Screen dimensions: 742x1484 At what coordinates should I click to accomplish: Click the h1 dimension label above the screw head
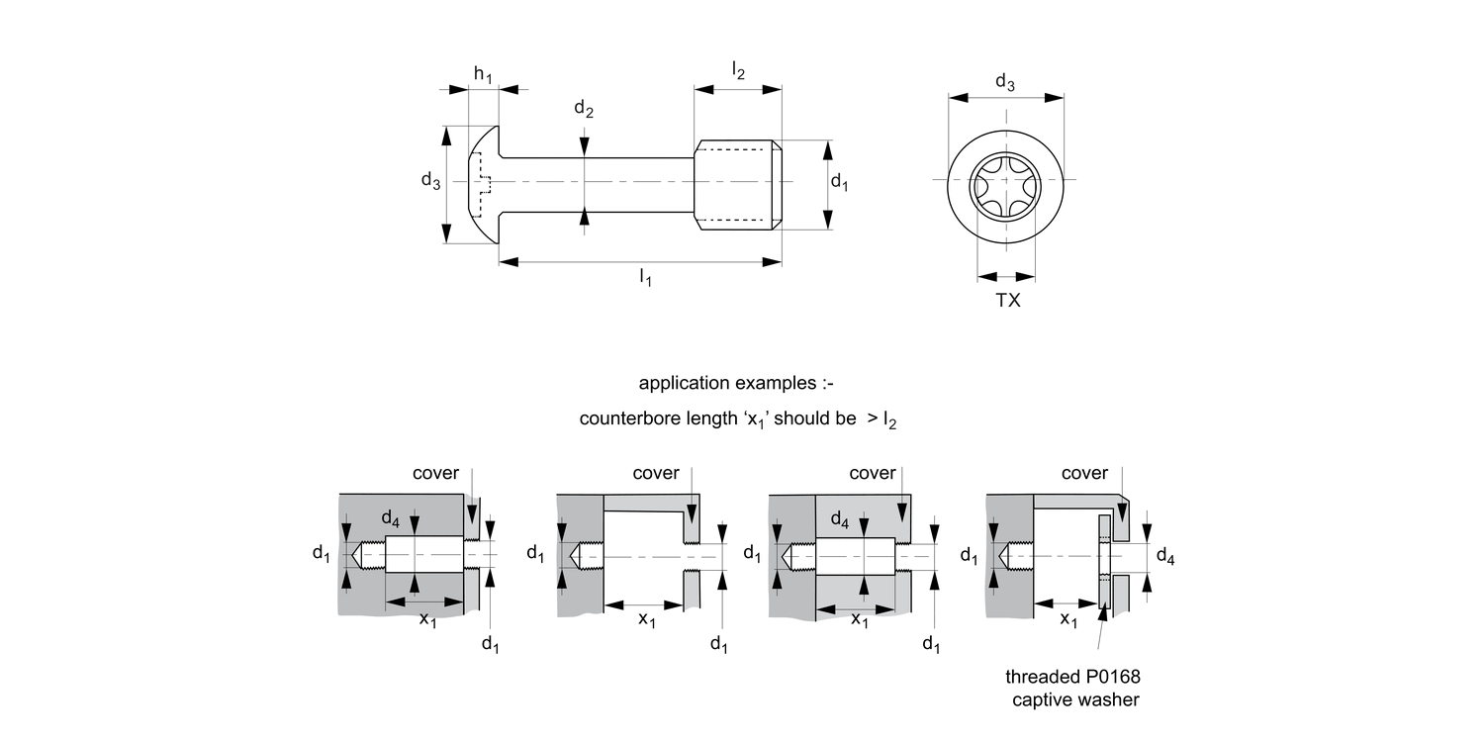[x=483, y=74]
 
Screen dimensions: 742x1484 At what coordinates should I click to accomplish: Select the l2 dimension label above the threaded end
[x=738, y=70]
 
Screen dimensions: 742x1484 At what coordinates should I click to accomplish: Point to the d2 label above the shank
[x=584, y=111]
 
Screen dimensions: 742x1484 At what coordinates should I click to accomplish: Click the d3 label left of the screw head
[x=430, y=181]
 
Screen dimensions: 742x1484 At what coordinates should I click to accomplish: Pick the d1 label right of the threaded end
[x=839, y=182]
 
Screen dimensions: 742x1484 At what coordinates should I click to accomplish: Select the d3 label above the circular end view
[x=1004, y=82]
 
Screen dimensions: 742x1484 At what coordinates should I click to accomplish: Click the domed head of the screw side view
[x=482, y=183]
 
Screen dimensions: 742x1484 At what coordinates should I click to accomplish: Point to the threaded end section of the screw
[x=738, y=184]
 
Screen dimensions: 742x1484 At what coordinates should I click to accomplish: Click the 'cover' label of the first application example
[x=435, y=473]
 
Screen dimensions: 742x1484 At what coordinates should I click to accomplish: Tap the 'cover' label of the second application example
[x=656, y=473]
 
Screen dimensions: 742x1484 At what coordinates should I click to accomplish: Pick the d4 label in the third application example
[x=840, y=518]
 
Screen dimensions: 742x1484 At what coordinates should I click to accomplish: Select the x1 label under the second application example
[x=646, y=620]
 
